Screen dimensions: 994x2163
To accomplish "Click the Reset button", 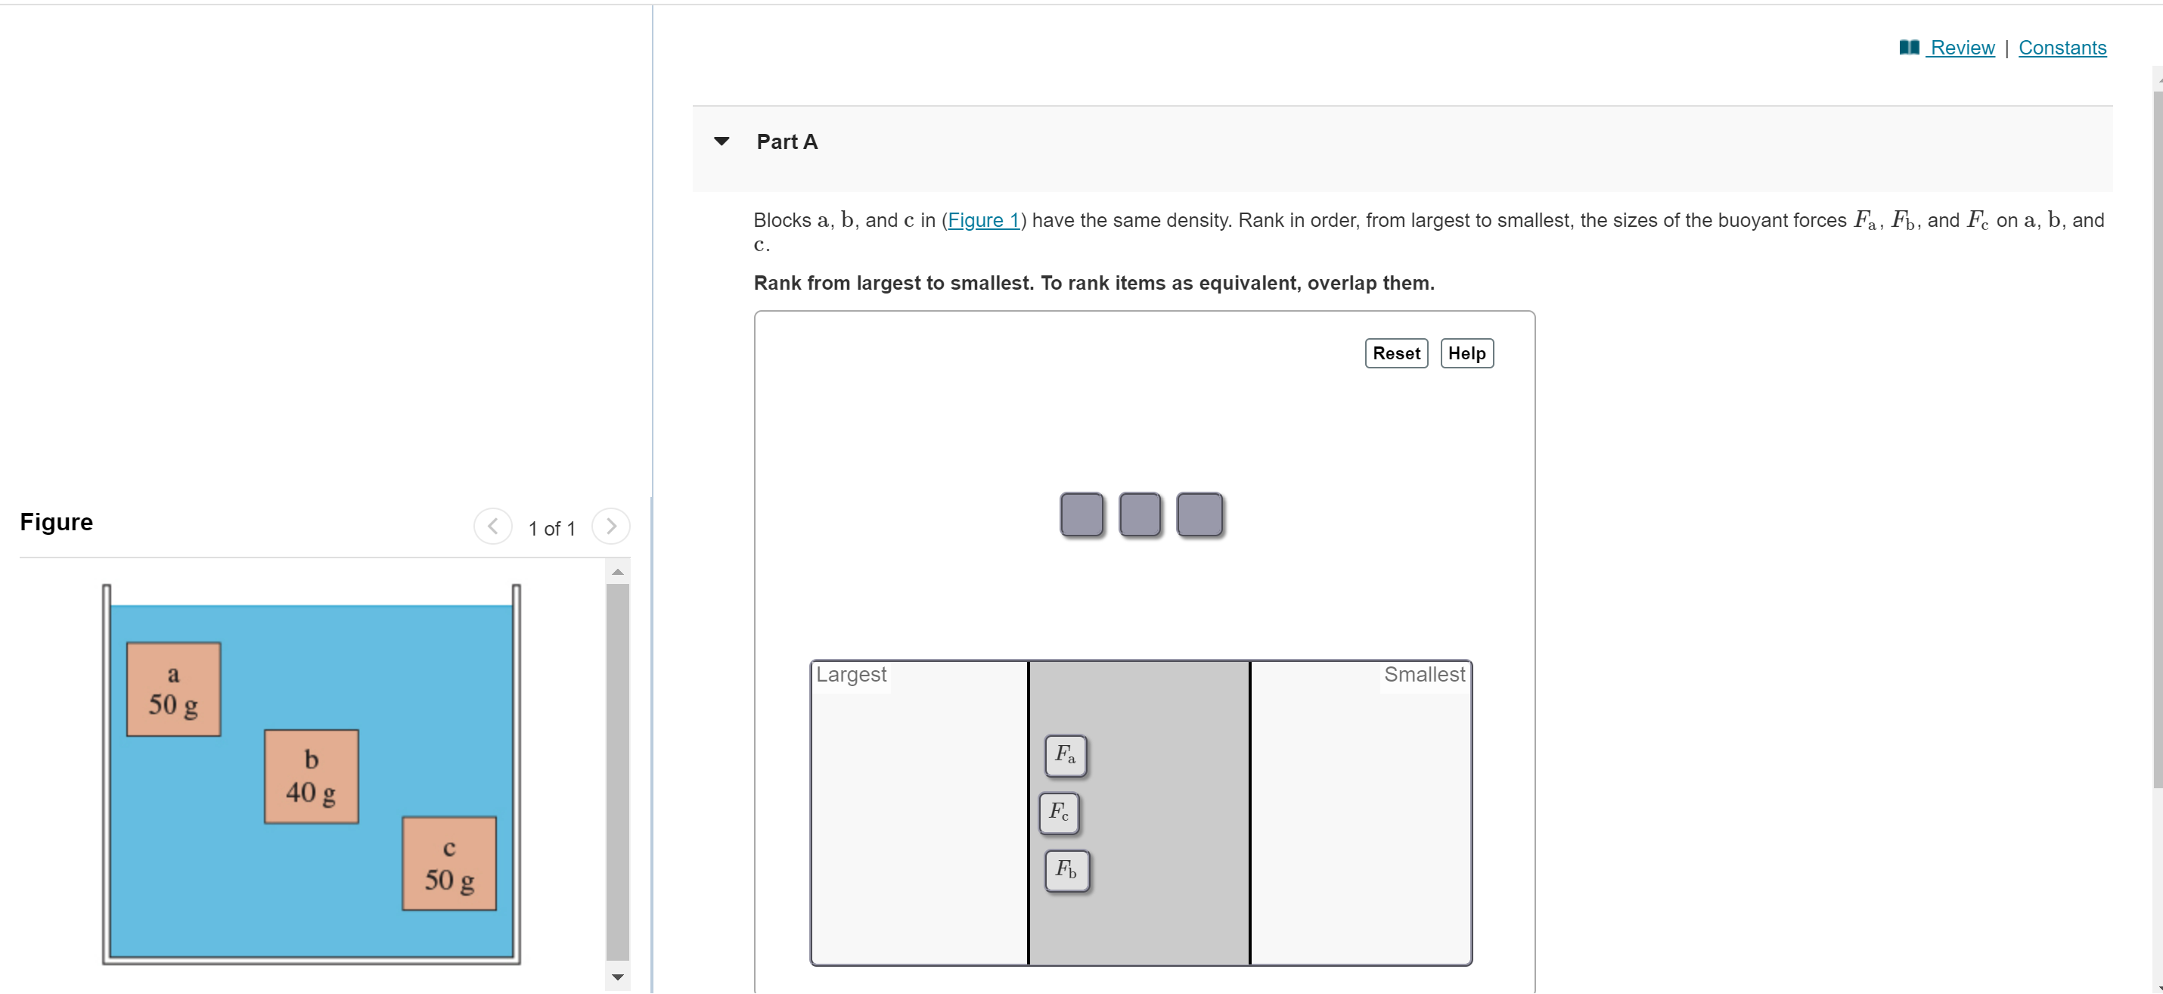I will (x=1395, y=353).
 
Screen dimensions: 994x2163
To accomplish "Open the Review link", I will (x=1962, y=48).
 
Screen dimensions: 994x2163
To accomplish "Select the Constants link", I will (x=2062, y=48).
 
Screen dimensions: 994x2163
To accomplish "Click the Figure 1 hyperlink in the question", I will (x=983, y=220).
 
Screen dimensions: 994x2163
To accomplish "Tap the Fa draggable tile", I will (x=1066, y=755).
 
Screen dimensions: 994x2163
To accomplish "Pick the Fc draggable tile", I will (x=1059, y=812).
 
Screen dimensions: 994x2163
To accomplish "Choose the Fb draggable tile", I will (x=1066, y=870).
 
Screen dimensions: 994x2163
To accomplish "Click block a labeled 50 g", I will (x=174, y=689).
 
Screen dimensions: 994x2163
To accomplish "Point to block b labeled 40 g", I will (x=312, y=777).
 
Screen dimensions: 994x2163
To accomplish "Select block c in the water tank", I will (x=449, y=863).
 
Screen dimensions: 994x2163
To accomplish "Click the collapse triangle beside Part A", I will (x=722, y=141).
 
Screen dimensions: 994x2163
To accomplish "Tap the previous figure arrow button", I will (x=493, y=527).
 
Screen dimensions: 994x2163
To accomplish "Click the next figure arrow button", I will (x=610, y=527).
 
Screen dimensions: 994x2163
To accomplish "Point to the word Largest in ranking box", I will (x=851, y=674).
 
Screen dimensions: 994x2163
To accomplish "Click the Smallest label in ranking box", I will (x=1423, y=674).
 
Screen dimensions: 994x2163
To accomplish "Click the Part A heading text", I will (x=787, y=142).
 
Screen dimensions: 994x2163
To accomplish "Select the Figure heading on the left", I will (x=56, y=522).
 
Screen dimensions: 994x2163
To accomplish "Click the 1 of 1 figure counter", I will (x=551, y=528).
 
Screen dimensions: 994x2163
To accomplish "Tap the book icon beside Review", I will (x=1909, y=48).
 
